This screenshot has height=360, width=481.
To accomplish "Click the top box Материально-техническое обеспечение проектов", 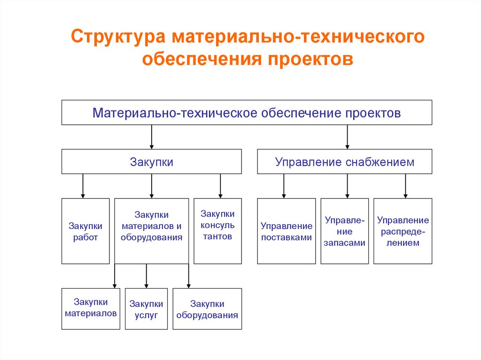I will [x=247, y=113].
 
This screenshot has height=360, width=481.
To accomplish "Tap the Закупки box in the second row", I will [x=151, y=162].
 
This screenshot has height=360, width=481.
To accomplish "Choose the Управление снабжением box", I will [x=344, y=162].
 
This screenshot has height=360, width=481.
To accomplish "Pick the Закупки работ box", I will [x=85, y=231].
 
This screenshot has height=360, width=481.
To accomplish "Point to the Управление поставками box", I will [x=286, y=231].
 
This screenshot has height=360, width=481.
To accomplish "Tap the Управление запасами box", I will [x=344, y=231].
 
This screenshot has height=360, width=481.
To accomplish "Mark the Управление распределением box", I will [x=403, y=231].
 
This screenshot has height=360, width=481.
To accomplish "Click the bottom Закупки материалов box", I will [x=91, y=308].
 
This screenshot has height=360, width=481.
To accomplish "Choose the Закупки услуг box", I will [x=146, y=308].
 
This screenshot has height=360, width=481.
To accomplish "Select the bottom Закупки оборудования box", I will [x=207, y=308].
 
